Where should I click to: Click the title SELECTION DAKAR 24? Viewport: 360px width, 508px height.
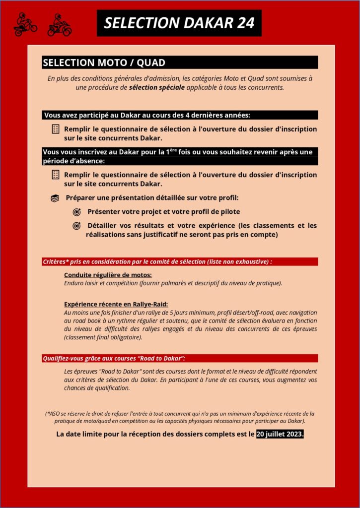point(179,23)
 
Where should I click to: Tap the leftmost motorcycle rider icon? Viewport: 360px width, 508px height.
point(25,24)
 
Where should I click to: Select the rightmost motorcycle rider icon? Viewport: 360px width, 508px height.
point(59,25)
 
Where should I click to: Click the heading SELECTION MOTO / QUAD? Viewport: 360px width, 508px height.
point(104,63)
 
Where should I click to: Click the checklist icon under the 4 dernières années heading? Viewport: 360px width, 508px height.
point(56,129)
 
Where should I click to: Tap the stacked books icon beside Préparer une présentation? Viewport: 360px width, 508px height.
point(55,198)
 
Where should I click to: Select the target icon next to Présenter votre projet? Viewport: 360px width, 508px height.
point(76,212)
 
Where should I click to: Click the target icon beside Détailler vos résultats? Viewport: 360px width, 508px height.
point(76,226)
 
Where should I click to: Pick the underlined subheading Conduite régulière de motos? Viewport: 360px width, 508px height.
point(108,275)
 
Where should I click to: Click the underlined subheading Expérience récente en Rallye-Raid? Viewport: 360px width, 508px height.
point(116,304)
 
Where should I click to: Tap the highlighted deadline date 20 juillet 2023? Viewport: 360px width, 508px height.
point(280,434)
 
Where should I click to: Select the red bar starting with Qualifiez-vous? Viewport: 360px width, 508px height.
point(179,358)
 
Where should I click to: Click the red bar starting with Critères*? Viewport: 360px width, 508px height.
point(179,261)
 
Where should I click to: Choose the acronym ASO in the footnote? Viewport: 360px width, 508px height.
point(54,413)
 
